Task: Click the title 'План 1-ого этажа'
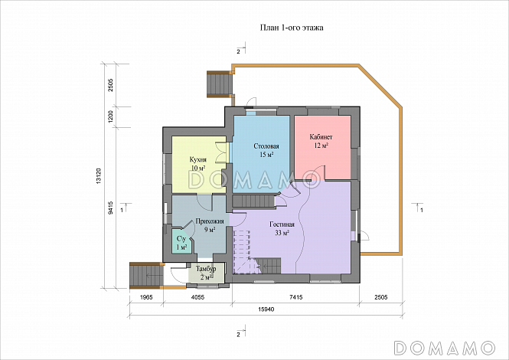tap(292, 28)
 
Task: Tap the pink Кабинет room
tap(322, 147)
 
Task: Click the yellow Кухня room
tap(199, 165)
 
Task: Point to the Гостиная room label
tap(282, 224)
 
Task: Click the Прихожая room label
tap(210, 221)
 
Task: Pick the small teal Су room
tap(181, 242)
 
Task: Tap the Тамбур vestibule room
tap(206, 273)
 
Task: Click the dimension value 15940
tap(266, 309)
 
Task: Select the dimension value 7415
tap(295, 297)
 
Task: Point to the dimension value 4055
tap(197, 297)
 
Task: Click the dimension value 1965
tap(145, 297)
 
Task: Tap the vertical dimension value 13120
tap(99, 176)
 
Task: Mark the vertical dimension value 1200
tap(110, 117)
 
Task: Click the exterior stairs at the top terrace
tap(220, 84)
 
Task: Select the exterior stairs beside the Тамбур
tap(147, 276)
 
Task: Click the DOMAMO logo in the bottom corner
tap(445, 348)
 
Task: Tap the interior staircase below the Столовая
tap(254, 201)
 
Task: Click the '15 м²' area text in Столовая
tap(266, 155)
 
